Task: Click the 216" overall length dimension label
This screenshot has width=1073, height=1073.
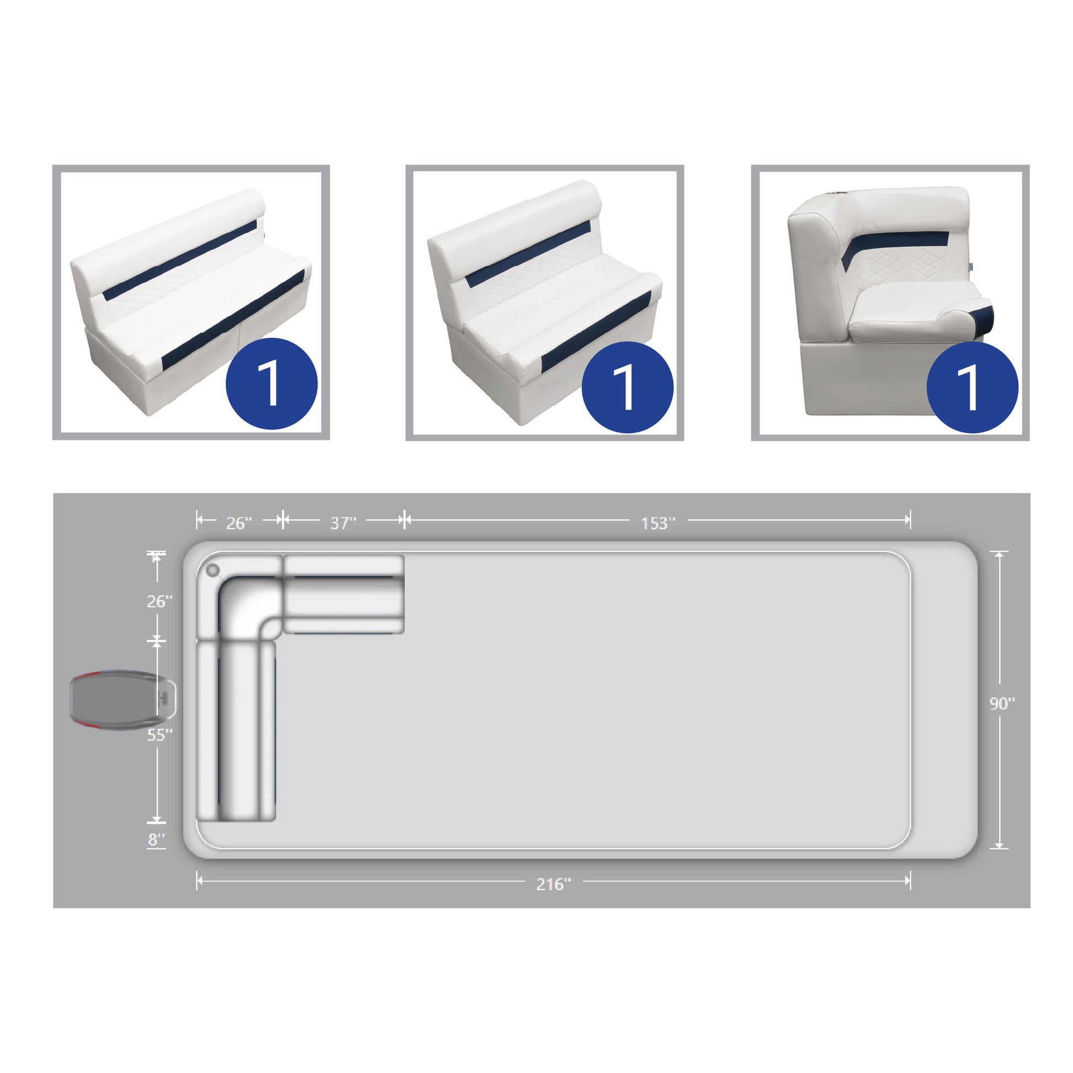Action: pos(553,884)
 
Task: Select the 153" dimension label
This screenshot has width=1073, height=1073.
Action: pos(658,523)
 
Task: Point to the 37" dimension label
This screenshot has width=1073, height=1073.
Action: pos(343,523)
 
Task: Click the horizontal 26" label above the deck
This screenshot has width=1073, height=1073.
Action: pos(239,523)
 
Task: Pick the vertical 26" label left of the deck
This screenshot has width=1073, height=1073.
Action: pos(160,601)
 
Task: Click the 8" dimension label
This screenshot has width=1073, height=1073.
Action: pos(157,839)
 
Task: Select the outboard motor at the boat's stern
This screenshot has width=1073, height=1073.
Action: pos(124,699)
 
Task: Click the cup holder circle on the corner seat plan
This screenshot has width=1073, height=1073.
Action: pos(213,570)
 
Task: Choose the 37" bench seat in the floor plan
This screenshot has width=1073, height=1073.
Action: pos(344,594)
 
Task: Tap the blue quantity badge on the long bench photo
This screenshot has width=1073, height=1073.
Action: pos(272,383)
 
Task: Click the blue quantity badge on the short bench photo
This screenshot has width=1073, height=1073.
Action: pos(627,387)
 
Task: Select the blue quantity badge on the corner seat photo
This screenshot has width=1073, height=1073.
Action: pos(973,387)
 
